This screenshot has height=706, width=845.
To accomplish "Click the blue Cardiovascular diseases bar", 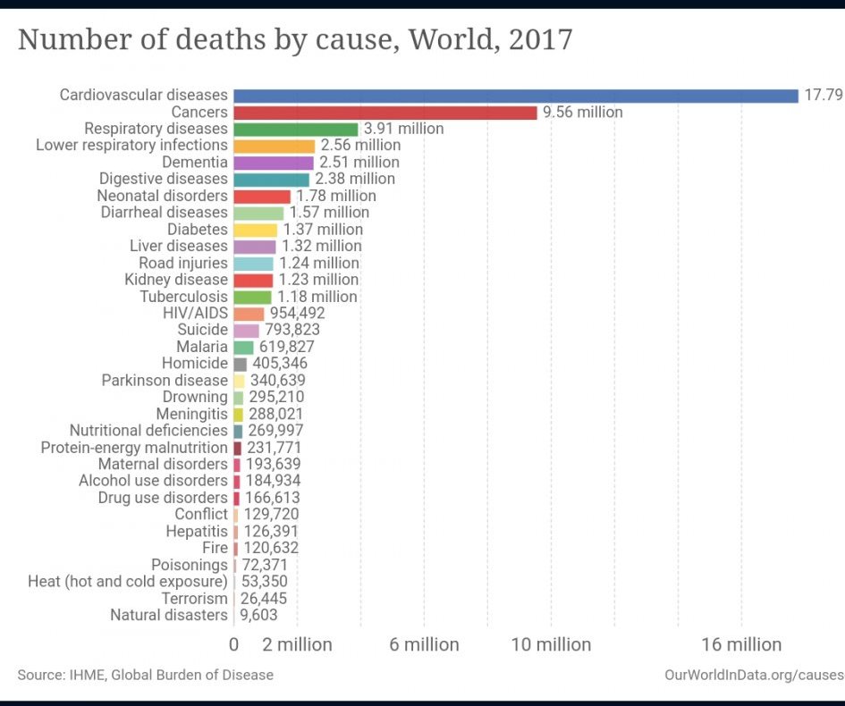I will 515,96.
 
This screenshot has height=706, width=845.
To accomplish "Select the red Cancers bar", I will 385,113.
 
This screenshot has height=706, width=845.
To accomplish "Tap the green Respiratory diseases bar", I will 295,129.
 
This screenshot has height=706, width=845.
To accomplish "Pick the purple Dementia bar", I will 274,163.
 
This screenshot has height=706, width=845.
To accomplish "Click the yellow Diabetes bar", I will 255,230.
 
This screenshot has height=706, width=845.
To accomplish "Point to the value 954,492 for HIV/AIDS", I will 298,314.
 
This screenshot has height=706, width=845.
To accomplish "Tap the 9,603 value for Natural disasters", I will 258,615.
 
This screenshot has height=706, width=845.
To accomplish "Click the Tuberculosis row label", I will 183,297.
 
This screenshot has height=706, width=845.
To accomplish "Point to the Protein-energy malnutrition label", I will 134,448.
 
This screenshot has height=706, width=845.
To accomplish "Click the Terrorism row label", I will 194,599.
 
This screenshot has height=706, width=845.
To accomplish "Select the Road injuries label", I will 183,263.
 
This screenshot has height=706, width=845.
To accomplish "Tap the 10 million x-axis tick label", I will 551,644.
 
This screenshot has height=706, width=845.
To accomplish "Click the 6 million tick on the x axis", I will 424,644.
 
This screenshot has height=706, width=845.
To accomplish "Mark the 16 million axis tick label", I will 741,644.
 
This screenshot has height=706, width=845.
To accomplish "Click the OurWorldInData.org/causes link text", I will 753,675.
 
